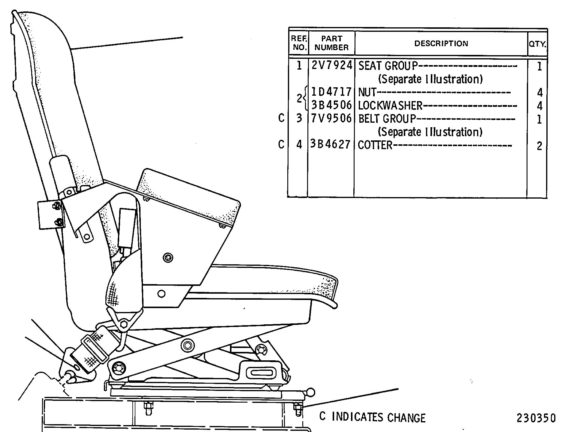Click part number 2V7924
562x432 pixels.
click(x=331, y=65)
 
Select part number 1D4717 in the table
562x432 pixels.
click(x=331, y=92)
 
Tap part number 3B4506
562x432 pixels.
click(x=331, y=105)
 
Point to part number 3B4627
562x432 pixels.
click(x=331, y=145)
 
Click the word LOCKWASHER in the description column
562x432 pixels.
click(x=390, y=106)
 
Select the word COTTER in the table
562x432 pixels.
click(x=375, y=145)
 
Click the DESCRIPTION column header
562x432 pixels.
click(x=441, y=43)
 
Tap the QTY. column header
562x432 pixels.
click(x=537, y=44)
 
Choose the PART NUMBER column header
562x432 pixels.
click(x=332, y=43)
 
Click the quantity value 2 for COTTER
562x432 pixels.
click(x=539, y=146)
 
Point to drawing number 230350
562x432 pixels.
click(x=536, y=418)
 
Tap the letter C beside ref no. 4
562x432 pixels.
click(x=281, y=145)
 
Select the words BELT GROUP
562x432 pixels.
click(x=387, y=119)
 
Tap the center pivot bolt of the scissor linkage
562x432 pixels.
click(x=187, y=346)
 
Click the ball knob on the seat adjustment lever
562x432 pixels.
click(x=310, y=392)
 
